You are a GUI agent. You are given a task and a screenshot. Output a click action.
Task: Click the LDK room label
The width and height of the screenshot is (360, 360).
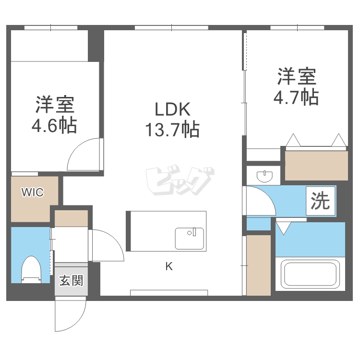tap(172, 109)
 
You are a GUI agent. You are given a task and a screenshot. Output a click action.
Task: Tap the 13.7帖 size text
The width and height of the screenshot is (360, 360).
tap(172, 130)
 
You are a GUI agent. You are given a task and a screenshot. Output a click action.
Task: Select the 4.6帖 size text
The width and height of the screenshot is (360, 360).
tap(54, 126)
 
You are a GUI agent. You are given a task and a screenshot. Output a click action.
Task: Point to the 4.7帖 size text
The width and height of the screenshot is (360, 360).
tap(296, 97)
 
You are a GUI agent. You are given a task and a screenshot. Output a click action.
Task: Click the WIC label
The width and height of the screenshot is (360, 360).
tap(32, 192)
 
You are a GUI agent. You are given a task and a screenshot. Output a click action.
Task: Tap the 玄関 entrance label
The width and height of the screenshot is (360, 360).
tap(71, 280)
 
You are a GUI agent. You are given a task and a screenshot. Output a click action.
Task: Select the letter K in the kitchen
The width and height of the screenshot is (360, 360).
tap(169, 267)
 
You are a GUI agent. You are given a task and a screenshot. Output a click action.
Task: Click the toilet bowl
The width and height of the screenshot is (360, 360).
tap(32, 270)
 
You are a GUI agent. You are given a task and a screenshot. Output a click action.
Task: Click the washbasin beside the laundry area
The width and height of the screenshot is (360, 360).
tap(264, 175)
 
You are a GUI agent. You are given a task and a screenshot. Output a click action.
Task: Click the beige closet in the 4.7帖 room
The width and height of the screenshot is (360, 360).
tap(316, 165)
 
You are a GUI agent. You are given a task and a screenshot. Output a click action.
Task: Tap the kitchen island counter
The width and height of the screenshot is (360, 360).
tap(166, 231)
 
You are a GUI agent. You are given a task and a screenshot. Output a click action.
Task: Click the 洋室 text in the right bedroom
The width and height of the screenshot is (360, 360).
tap(296, 77)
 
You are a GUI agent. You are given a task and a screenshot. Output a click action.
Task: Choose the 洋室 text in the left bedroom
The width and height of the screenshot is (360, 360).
tap(54, 105)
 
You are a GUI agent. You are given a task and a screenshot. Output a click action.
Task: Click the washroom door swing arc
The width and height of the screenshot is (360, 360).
tap(260, 201)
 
